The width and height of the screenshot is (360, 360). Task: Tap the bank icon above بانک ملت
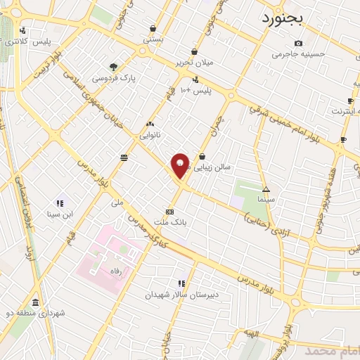(169, 212)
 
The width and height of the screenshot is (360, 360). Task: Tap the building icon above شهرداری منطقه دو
(35, 302)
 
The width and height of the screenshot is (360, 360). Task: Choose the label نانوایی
(150, 134)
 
